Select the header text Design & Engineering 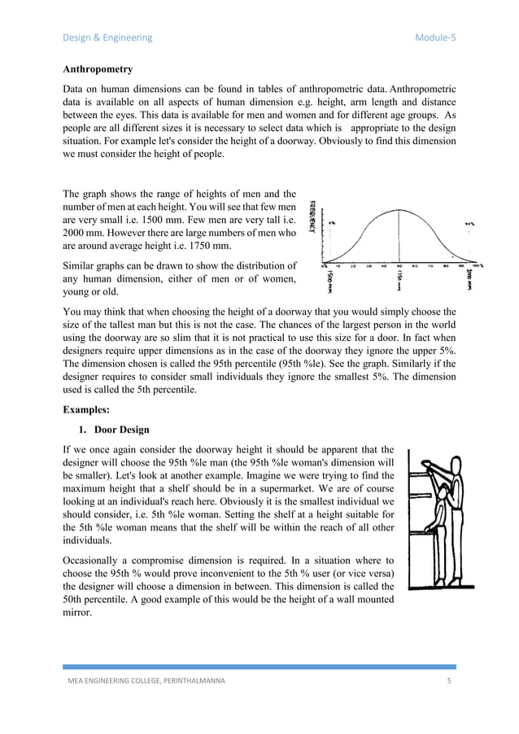[x=107, y=37]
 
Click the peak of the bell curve [x=398, y=209]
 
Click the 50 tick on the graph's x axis [x=398, y=266]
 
